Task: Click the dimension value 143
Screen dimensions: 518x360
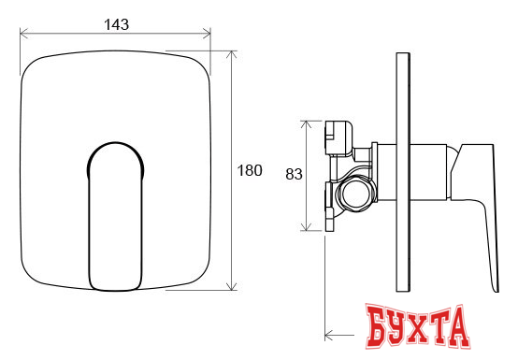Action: (116, 24)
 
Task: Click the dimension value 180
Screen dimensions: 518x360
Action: (250, 170)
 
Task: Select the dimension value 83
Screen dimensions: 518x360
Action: (294, 174)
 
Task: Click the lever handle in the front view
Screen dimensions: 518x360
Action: (115, 217)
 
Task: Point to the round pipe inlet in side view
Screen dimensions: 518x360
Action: (356, 194)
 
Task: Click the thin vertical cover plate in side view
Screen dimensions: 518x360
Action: (403, 172)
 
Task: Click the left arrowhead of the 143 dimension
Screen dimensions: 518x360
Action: (23, 33)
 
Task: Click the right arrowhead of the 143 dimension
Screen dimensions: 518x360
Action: (207, 33)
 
